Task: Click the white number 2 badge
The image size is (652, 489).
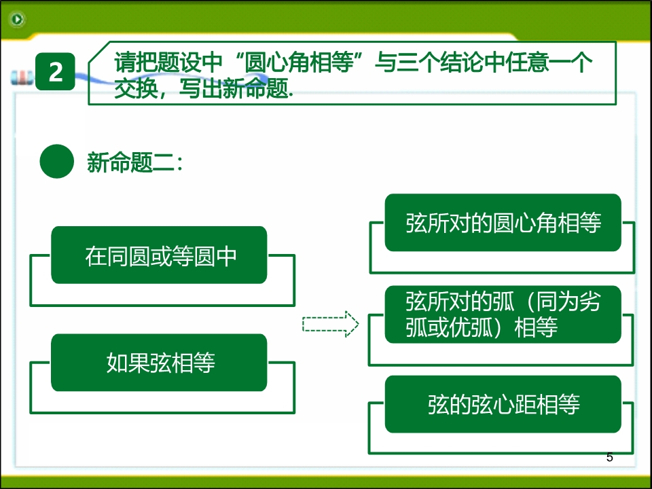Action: point(55,71)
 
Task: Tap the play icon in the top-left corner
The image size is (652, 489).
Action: point(18,19)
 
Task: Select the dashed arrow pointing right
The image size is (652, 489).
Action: point(331,324)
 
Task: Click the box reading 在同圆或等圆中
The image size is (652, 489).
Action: point(159,255)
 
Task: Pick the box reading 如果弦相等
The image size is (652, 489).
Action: point(159,362)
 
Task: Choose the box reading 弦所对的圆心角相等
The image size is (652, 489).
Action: point(503,223)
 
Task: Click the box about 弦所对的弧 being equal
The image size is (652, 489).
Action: point(503,314)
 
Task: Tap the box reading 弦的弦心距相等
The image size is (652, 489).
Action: point(503,404)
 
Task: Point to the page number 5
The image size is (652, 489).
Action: point(610,457)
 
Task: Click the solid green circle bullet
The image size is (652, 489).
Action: point(56,162)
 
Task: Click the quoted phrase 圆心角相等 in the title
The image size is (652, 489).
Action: point(299,62)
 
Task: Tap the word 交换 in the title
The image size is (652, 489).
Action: point(136,88)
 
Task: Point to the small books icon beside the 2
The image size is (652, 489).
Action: point(22,77)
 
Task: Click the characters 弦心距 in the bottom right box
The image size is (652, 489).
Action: point(504,404)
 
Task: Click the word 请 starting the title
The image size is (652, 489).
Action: point(125,62)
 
